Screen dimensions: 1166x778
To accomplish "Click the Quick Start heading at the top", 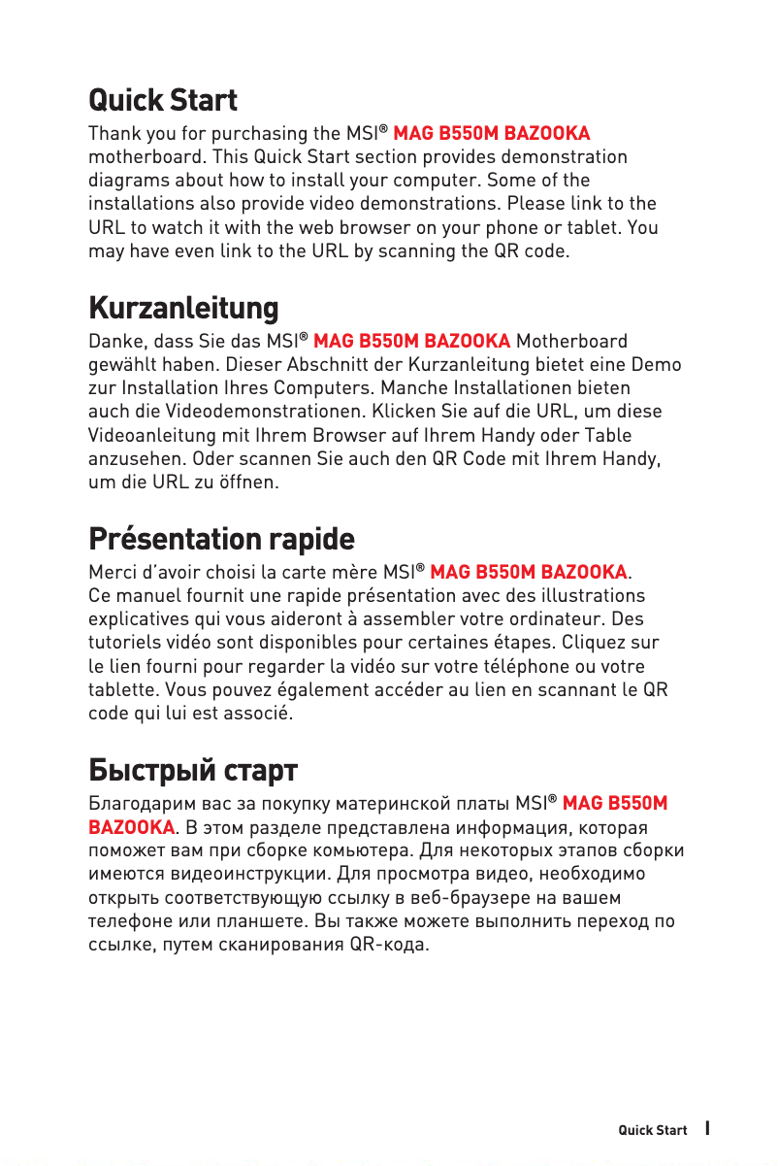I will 163,100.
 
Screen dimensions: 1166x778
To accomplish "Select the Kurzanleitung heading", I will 183,309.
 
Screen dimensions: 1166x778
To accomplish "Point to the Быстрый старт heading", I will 193,771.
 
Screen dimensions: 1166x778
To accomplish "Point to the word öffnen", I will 251,483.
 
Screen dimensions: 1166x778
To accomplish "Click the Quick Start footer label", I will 653,1130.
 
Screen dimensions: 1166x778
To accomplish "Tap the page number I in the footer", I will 709,1129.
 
